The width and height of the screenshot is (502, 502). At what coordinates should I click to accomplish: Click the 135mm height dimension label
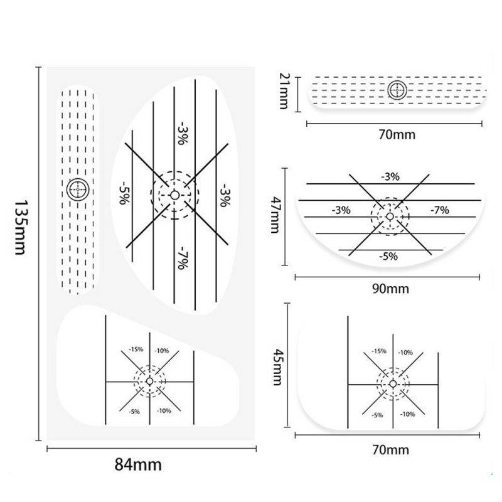(x=20, y=228)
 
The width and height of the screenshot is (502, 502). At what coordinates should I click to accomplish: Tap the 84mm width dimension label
(x=138, y=464)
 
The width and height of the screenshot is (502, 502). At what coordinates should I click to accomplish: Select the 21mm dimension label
(x=284, y=91)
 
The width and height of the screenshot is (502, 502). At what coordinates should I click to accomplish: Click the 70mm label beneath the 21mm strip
(x=397, y=134)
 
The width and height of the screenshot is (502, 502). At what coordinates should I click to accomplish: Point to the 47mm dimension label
(x=275, y=215)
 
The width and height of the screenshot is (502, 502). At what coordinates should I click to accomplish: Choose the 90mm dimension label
(x=390, y=289)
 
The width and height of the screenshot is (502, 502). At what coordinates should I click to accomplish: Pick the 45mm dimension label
(x=277, y=367)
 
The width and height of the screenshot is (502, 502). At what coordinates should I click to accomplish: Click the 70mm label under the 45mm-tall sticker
(x=390, y=450)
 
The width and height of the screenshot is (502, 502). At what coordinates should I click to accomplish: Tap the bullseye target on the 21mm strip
(x=397, y=90)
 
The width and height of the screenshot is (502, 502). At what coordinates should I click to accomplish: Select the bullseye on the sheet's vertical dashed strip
(x=78, y=190)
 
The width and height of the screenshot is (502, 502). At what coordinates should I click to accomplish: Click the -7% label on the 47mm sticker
(x=440, y=210)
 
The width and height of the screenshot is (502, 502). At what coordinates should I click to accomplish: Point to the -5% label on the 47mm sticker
(x=388, y=257)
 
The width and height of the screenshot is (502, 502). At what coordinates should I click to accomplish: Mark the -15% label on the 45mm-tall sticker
(x=379, y=351)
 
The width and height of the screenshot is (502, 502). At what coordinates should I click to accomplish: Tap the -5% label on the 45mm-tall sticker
(x=377, y=415)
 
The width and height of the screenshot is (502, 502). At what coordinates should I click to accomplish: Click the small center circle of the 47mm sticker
(x=390, y=216)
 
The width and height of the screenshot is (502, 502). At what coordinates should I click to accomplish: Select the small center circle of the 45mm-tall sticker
(x=393, y=384)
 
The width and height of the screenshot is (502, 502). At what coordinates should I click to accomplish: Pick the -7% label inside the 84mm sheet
(x=183, y=258)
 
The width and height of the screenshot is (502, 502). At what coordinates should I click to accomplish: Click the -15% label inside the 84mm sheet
(x=136, y=350)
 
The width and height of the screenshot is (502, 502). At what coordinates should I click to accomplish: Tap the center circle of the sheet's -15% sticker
(x=149, y=382)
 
